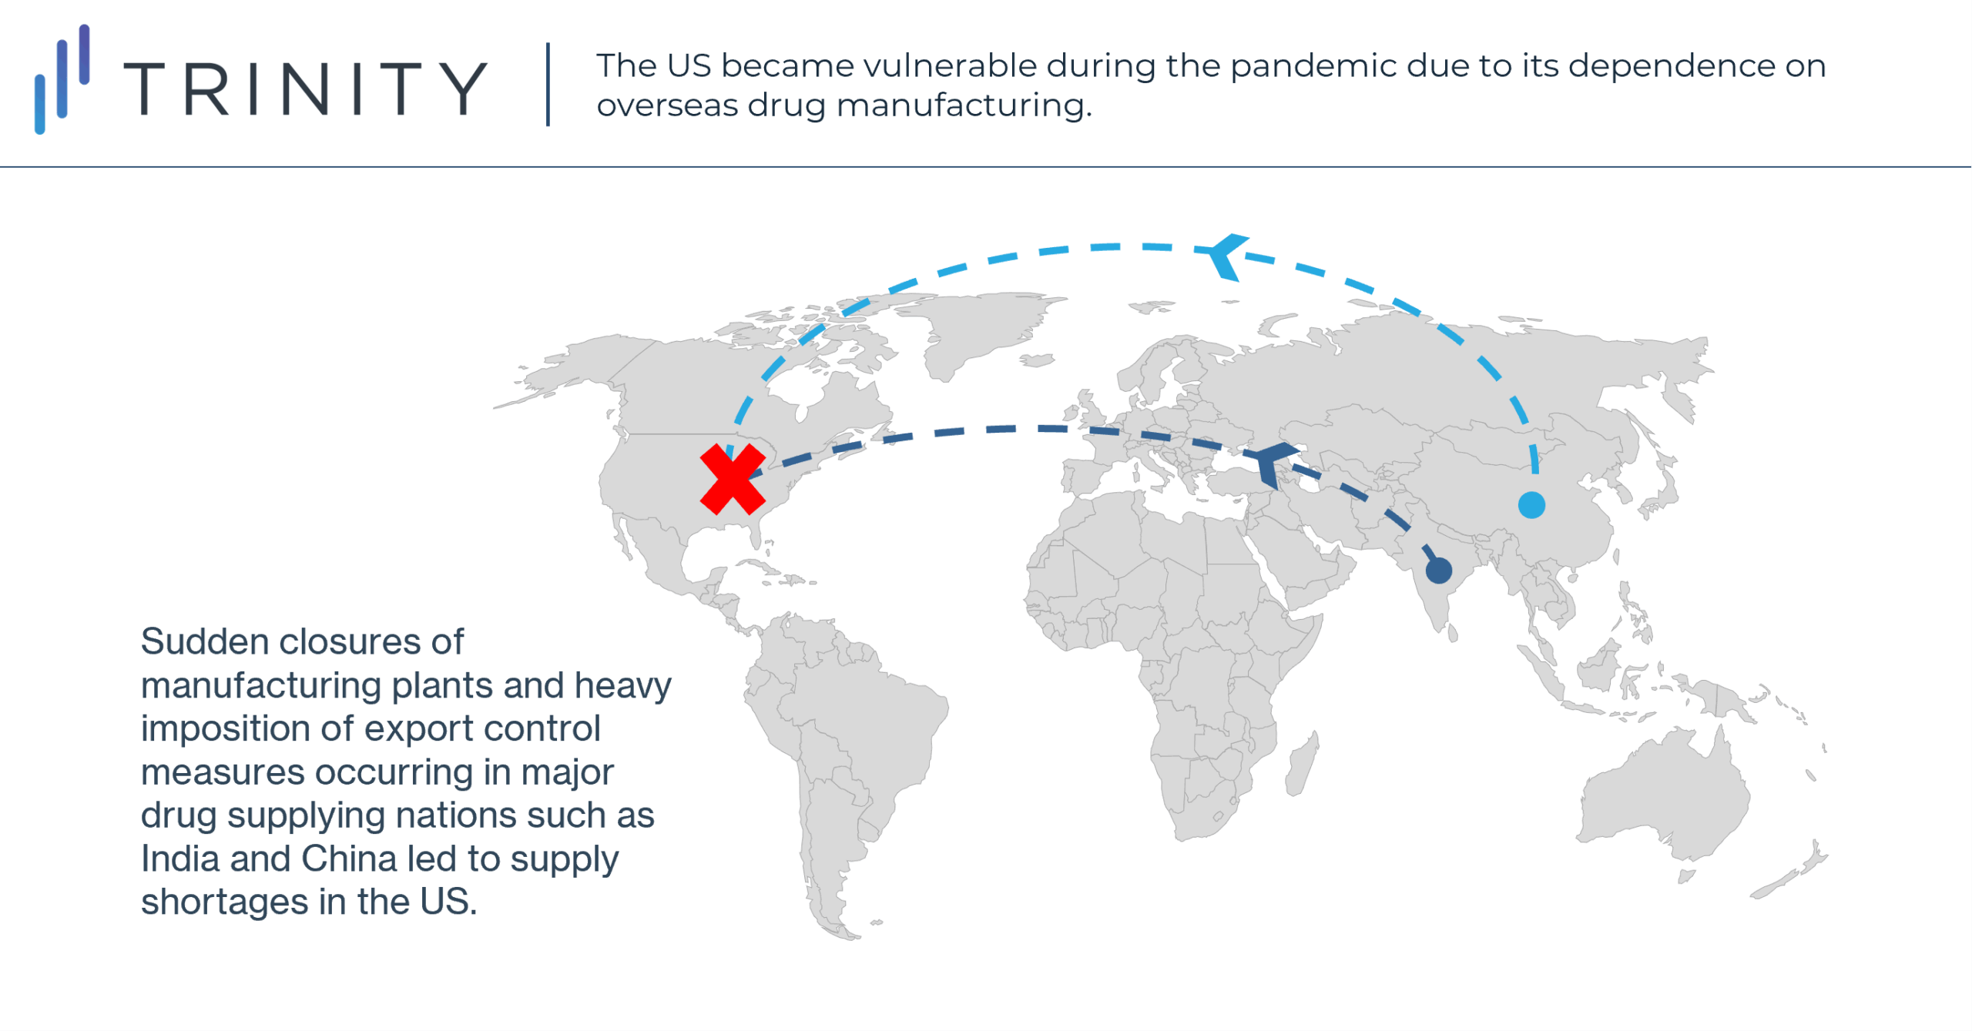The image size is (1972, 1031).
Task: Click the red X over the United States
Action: pos(733,479)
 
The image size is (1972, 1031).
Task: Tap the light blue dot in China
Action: pos(1531,505)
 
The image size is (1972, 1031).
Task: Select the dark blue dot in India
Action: pos(1439,571)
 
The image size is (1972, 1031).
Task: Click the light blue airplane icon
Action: pos(1225,256)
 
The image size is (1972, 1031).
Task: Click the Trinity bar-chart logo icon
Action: pos(62,79)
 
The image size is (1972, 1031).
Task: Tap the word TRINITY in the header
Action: pos(306,89)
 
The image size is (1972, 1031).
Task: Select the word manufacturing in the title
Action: pos(964,106)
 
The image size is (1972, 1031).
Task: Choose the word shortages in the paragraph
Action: pos(224,903)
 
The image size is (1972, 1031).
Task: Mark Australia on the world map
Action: pos(1664,793)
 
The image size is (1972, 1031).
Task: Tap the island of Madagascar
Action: pos(1302,764)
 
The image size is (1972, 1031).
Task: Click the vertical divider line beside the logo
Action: pos(548,84)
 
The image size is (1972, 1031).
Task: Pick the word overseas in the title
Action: pos(667,106)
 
